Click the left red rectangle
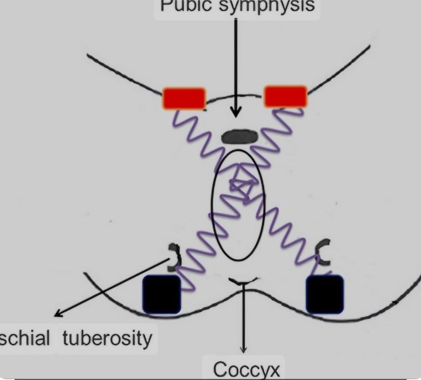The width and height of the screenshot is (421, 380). (x=184, y=98)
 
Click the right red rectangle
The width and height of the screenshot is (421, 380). (x=285, y=96)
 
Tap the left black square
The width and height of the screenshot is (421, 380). (x=161, y=294)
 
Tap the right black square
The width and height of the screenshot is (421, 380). (x=324, y=294)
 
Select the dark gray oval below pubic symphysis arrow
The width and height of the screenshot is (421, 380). (x=239, y=137)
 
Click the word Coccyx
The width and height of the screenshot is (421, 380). (x=246, y=369)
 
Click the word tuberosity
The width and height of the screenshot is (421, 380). (x=108, y=338)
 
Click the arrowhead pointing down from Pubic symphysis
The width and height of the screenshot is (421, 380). (x=236, y=113)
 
